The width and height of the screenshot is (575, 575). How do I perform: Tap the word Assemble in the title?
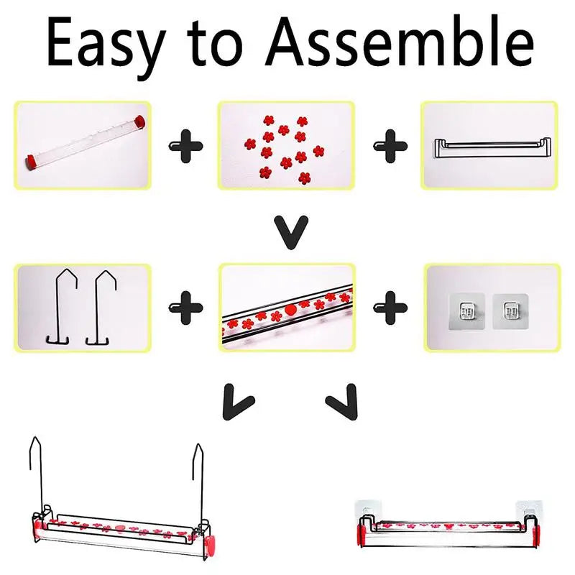pyautogui.click(x=400, y=41)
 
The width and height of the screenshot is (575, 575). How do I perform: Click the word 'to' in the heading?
pyautogui.click(x=216, y=44)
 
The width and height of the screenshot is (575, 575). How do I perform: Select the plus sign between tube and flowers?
pyautogui.click(x=185, y=146)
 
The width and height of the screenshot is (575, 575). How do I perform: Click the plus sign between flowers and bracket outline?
pyautogui.click(x=390, y=146)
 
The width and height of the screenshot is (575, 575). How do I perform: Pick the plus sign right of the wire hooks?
pyautogui.click(x=185, y=308)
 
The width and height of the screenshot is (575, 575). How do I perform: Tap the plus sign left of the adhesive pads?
pyautogui.click(x=390, y=308)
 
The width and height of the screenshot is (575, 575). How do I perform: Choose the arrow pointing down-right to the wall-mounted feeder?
pyautogui.click(x=343, y=402)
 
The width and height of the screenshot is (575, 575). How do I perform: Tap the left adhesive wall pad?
pyautogui.click(x=466, y=311)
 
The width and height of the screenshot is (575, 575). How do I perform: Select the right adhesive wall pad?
pyautogui.click(x=510, y=311)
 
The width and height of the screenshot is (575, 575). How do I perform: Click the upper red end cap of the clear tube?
pyautogui.click(x=139, y=121)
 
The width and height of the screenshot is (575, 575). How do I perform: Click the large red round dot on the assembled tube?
pyautogui.click(x=290, y=310)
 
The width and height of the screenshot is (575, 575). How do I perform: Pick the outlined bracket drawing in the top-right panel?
pyautogui.click(x=492, y=148)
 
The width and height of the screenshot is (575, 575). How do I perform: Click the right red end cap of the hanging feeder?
pyautogui.click(x=210, y=543)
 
